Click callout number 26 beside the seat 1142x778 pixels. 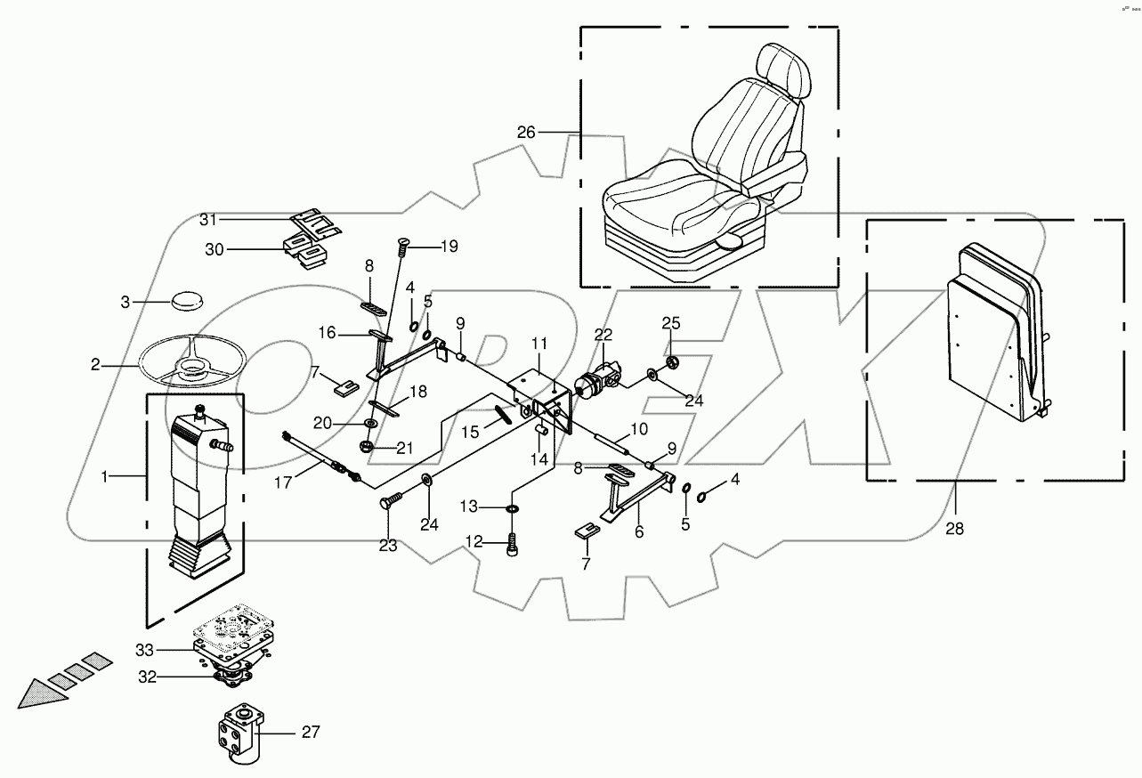click(527, 133)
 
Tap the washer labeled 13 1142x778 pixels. click(514, 508)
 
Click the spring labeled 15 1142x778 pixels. click(505, 415)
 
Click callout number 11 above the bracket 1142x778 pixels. click(539, 343)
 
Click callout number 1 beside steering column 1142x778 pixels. click(103, 477)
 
